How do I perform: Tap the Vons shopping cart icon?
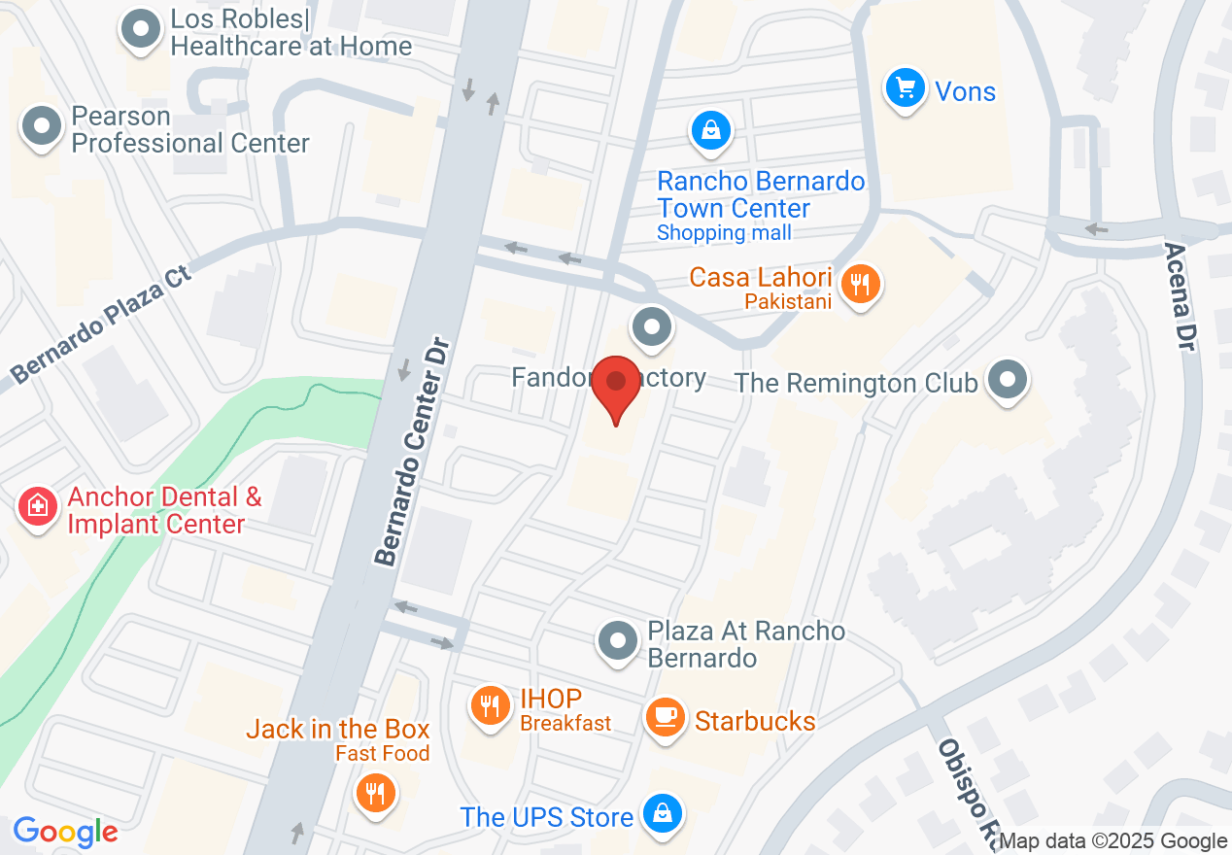906,89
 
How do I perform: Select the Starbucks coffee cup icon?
665,718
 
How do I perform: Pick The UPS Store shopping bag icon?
662,813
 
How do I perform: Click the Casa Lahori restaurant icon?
860,285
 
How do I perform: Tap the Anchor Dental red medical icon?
38,505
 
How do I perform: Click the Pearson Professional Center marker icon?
42,127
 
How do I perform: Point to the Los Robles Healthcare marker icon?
140,28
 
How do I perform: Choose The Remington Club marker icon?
1008,380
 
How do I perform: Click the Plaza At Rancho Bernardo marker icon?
617,641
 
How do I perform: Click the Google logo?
65,832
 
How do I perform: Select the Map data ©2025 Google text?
1113,841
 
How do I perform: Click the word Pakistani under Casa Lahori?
788,301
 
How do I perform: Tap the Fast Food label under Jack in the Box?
382,753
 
